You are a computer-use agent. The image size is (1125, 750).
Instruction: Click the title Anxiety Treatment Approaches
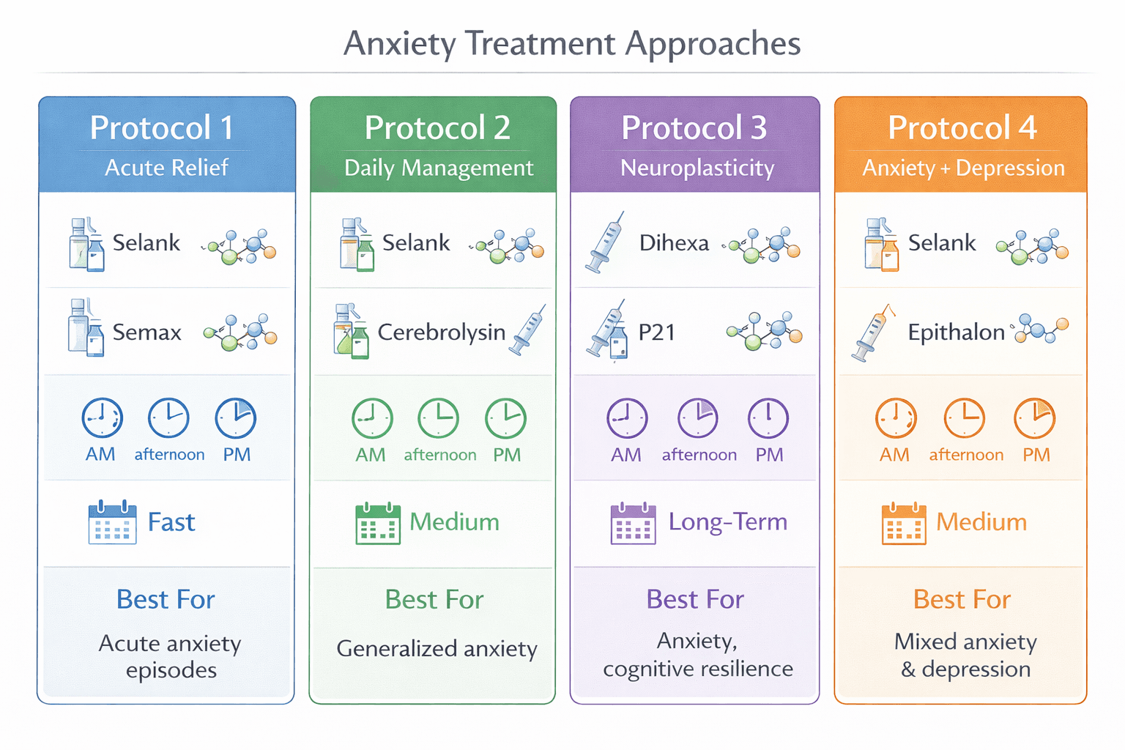(572, 43)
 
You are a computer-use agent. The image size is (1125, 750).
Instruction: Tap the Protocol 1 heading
(162, 128)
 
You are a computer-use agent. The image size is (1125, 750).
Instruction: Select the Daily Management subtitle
(439, 168)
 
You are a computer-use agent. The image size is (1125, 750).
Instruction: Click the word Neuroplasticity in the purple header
(697, 168)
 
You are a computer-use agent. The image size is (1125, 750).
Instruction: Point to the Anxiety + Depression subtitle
(963, 168)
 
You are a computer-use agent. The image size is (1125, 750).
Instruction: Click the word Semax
(146, 333)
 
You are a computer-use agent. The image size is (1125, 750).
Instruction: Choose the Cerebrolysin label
(441, 333)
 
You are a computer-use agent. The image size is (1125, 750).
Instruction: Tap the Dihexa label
(674, 243)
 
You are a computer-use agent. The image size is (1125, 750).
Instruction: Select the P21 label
(656, 333)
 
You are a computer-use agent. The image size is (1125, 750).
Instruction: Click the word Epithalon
(956, 333)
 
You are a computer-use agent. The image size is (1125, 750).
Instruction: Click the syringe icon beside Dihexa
(605, 242)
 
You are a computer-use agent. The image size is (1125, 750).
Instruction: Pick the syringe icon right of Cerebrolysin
(530, 330)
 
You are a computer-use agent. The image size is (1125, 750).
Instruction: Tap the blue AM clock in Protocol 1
(102, 418)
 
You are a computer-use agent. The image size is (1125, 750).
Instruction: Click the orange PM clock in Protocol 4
(1034, 418)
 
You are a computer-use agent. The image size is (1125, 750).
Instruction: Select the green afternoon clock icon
(438, 418)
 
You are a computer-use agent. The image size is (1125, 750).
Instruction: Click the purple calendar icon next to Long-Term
(633, 523)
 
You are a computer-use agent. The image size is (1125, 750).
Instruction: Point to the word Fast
(171, 522)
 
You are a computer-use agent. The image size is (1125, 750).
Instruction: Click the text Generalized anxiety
(437, 649)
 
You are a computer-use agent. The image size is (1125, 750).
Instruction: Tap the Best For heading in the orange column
(962, 600)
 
